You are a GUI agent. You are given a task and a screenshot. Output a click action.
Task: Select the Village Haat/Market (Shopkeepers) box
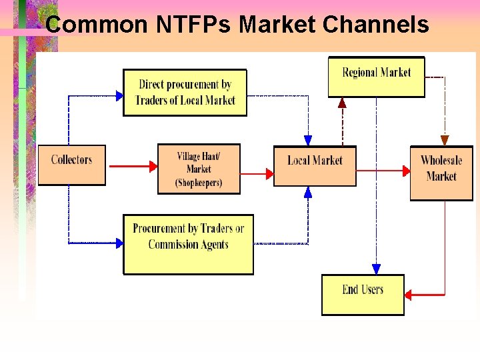pyautogui.click(x=199, y=169)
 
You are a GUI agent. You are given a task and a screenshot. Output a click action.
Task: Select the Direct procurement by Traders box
pyautogui.click(x=185, y=92)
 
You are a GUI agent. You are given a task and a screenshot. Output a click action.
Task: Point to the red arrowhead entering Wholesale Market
pyautogui.click(x=406, y=171)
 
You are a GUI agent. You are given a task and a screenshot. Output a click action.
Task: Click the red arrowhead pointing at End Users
pyautogui.click(x=408, y=294)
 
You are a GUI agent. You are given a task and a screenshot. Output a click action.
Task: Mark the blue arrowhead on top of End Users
pyautogui.click(x=376, y=269)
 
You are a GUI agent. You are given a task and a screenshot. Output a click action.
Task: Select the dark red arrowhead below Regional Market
pyautogui.click(x=342, y=102)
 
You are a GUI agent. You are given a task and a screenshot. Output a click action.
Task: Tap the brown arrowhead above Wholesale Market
pyautogui.click(x=445, y=141)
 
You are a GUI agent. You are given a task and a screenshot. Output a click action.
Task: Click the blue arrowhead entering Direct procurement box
pyautogui.click(x=119, y=96)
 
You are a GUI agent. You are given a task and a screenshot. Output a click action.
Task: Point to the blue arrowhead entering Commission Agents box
pyautogui.click(x=119, y=243)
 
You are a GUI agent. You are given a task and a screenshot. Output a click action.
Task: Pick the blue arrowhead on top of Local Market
pyautogui.click(x=307, y=141)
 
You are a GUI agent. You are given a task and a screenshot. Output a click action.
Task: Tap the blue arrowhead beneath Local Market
pyautogui.click(x=307, y=193)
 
